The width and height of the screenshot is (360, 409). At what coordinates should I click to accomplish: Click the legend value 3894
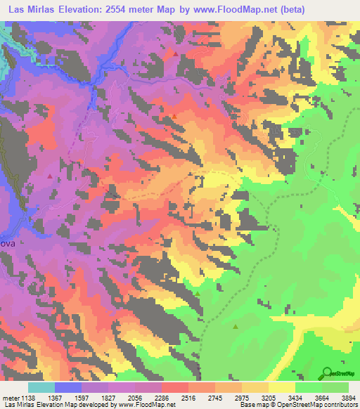347,396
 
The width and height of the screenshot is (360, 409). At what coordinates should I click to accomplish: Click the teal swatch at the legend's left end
41,387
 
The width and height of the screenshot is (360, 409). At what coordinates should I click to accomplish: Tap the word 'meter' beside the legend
11,396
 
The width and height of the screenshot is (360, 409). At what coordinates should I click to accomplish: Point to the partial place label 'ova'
7,242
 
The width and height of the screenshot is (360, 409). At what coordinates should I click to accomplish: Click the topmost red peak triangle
174,52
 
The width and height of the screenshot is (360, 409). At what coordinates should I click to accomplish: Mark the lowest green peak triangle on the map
236,326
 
